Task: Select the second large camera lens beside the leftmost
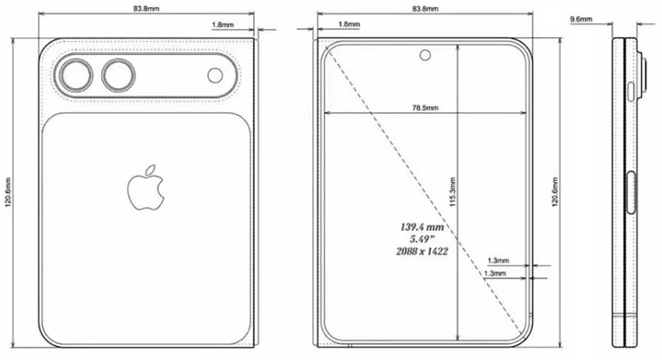pyautogui.click(x=118, y=75)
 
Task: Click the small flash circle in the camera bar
pyautogui.click(x=215, y=75)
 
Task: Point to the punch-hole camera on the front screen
pyautogui.click(x=424, y=55)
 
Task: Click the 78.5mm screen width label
pyautogui.click(x=424, y=108)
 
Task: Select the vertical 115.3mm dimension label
pyautogui.click(x=453, y=193)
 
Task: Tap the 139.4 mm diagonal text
pyautogui.click(x=421, y=226)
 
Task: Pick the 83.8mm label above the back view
pyautogui.click(x=146, y=9)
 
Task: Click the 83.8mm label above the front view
pyautogui.click(x=424, y=9)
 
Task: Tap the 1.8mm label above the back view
pyautogui.click(x=222, y=24)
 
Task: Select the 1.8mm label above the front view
pyautogui.click(x=349, y=24)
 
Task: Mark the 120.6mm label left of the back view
pyautogui.click(x=7, y=193)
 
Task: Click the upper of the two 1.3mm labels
pyautogui.click(x=496, y=261)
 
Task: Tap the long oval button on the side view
pyautogui.click(x=631, y=193)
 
